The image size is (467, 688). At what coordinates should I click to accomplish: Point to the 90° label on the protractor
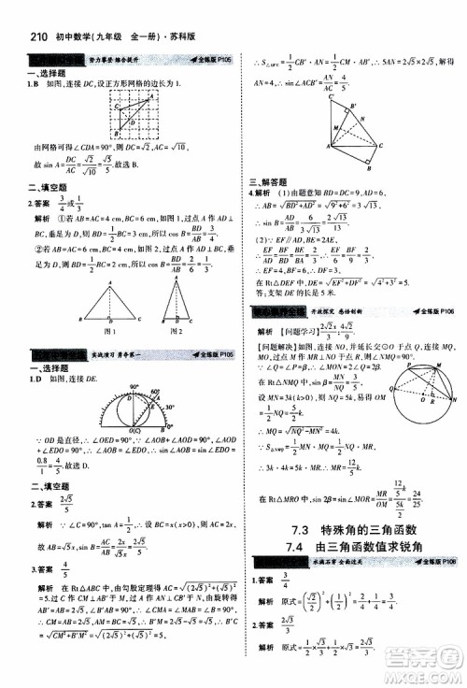(x=132, y=384)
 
